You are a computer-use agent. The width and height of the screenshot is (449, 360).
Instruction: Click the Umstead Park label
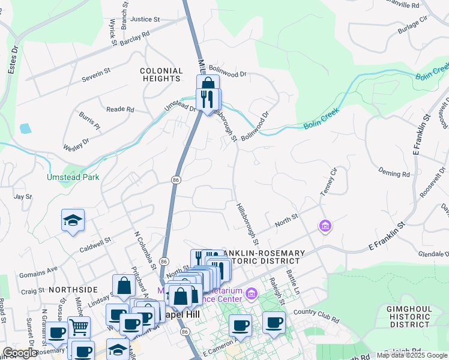click(74, 177)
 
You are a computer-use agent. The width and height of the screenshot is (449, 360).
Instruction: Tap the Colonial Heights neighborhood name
click(161, 74)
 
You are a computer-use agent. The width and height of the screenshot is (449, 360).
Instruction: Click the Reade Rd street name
click(120, 109)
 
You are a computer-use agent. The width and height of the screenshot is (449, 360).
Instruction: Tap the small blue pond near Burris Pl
click(25, 128)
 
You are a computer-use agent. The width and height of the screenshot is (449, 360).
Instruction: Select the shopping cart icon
click(79, 327)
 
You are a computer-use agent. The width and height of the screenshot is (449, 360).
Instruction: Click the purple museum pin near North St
click(325, 226)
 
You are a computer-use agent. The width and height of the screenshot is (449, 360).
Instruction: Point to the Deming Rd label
click(394, 173)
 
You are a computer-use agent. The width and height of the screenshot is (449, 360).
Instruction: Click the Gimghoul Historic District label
click(402, 316)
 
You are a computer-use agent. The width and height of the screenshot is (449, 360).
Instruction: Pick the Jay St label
click(23, 196)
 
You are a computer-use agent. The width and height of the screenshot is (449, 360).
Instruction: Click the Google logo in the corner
click(20, 353)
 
